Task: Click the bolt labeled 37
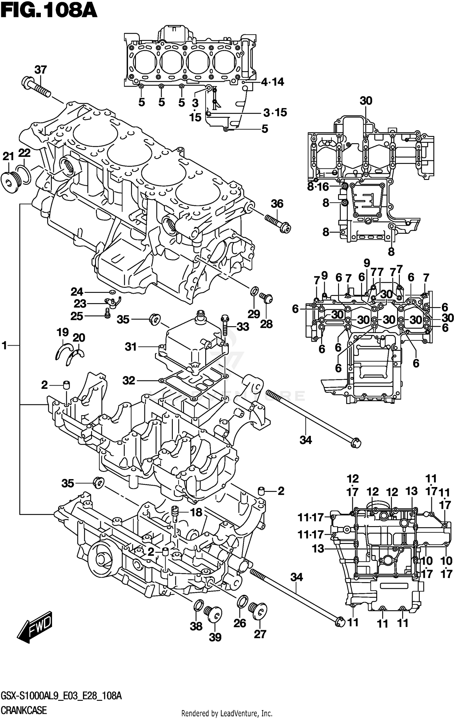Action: pyautogui.click(x=36, y=86)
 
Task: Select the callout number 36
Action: pyautogui.click(x=277, y=204)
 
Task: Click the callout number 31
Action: pyautogui.click(x=131, y=347)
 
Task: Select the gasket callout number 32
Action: pyautogui.click(x=129, y=380)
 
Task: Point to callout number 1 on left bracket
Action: pyautogui.click(x=4, y=345)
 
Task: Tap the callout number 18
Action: pyautogui.click(x=196, y=512)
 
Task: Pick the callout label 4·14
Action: pyautogui.click(x=272, y=82)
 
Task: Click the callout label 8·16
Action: pyautogui.click(x=318, y=187)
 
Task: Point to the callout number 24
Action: pyautogui.click(x=77, y=292)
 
